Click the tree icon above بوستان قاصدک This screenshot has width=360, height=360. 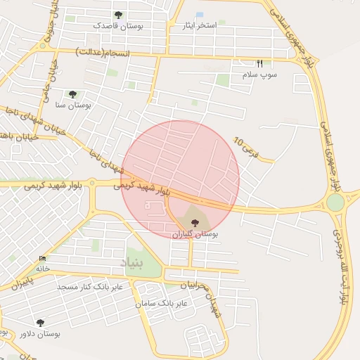pos(117,15)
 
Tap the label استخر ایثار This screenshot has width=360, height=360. pos(197,26)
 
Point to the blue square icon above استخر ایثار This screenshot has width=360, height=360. pos(200,15)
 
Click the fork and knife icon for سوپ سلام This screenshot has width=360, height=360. pos(259,63)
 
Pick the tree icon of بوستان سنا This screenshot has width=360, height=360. pos(72,94)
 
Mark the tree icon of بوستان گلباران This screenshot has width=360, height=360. pos(195,222)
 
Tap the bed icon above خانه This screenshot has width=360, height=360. pos(43,259)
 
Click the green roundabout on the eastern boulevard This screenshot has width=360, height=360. pos(335,202)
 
